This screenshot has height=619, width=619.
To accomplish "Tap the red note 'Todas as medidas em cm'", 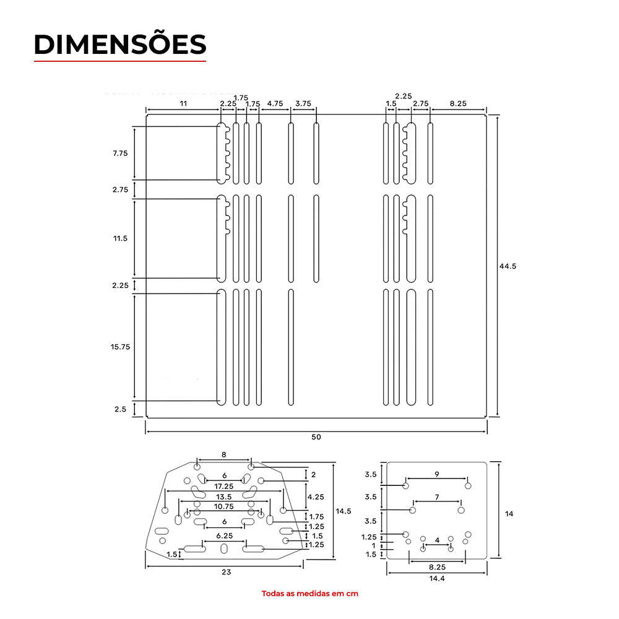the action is (x=310, y=594).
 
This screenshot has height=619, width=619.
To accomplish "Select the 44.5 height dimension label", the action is (x=508, y=266).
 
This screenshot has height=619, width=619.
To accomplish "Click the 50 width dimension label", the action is (x=316, y=437).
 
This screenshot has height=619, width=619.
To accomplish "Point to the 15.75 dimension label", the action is (x=120, y=347).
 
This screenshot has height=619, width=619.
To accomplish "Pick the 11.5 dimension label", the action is (x=121, y=238).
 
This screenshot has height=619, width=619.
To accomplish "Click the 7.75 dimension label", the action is (x=121, y=153).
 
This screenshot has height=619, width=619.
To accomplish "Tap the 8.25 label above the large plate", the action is (x=458, y=103).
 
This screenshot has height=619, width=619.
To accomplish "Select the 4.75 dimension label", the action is (x=275, y=103).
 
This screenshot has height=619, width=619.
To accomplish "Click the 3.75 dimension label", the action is (x=303, y=103).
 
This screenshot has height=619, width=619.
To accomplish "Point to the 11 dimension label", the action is (x=183, y=103).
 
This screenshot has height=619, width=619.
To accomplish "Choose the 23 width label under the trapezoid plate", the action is (x=226, y=572).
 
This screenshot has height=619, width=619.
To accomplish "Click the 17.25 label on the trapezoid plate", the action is (x=224, y=487).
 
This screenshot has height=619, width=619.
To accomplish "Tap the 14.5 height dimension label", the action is (x=344, y=511).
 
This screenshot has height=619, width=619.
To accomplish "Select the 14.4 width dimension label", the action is (x=437, y=578).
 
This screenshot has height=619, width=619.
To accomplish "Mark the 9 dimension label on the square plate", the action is (x=437, y=474).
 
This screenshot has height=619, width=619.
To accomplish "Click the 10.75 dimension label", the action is (x=224, y=506).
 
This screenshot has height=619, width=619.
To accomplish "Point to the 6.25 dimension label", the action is (x=225, y=535).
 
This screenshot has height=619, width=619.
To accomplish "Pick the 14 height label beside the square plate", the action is (x=509, y=514).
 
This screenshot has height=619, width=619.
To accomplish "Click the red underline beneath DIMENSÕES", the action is (x=120, y=61).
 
